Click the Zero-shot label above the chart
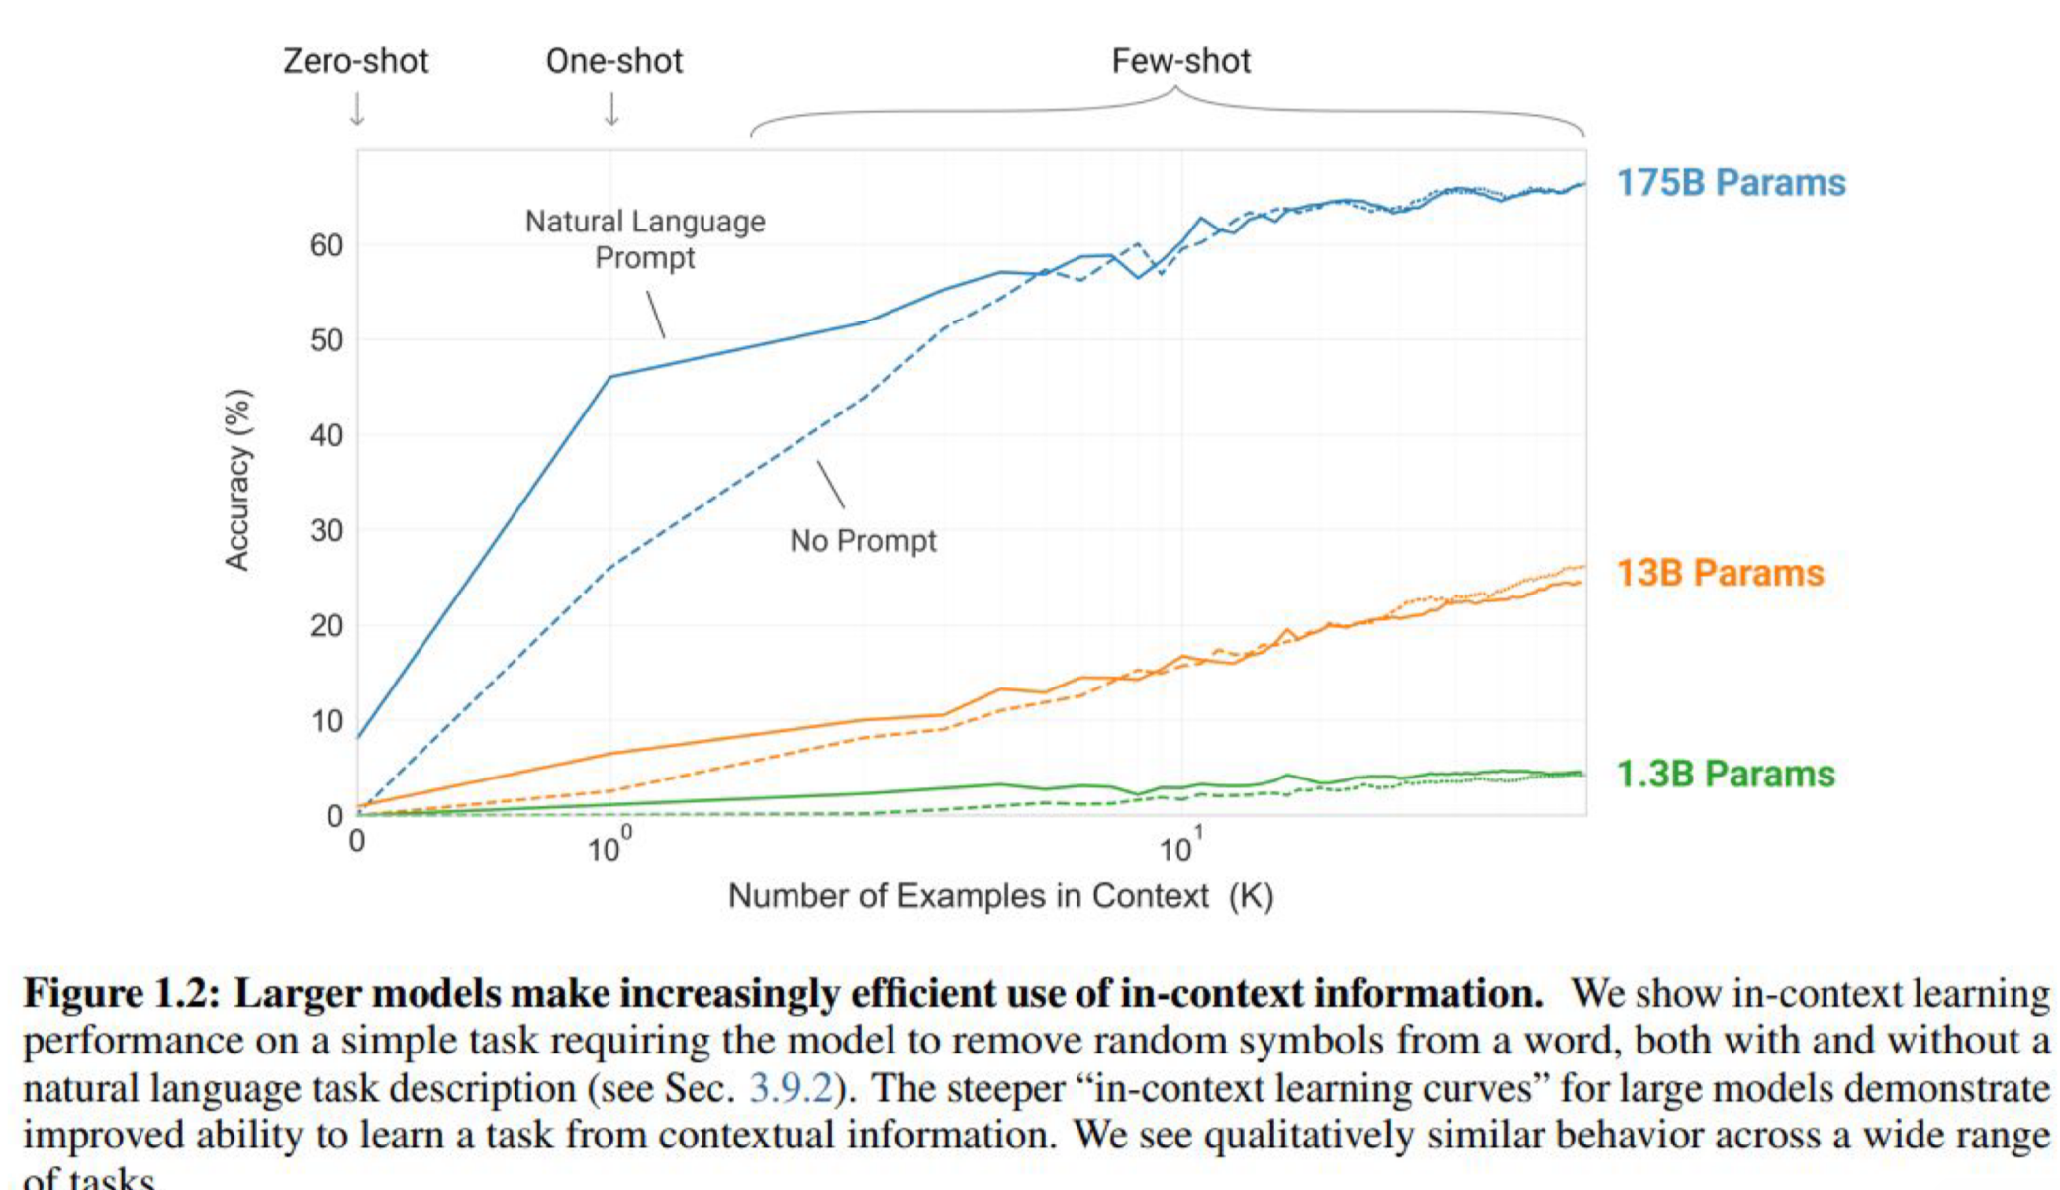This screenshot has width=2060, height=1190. pyautogui.click(x=355, y=61)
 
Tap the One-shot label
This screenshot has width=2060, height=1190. pyautogui.click(x=613, y=61)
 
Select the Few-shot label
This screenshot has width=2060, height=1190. pyautogui.click(x=1180, y=61)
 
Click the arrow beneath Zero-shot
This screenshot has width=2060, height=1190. pyautogui.click(x=357, y=109)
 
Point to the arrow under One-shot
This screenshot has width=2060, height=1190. pyautogui.click(x=612, y=109)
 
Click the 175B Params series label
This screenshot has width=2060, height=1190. pyautogui.click(x=1731, y=183)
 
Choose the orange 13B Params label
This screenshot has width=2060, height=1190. pyautogui.click(x=1720, y=573)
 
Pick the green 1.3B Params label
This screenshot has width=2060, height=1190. pyautogui.click(x=1725, y=774)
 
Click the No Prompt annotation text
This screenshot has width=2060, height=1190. pyautogui.click(x=863, y=541)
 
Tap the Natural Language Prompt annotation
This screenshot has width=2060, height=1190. pyautogui.click(x=645, y=238)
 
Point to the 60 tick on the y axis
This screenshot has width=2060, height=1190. pyautogui.click(x=326, y=245)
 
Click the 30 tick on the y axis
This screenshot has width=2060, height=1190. pyautogui.click(x=326, y=531)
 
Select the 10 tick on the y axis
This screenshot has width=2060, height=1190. pyautogui.click(x=326, y=721)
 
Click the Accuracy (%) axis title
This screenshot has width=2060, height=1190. pyautogui.click(x=237, y=480)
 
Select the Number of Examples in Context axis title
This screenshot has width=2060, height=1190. pyautogui.click(x=1000, y=896)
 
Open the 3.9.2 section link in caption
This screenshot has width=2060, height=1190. pyautogui.click(x=791, y=1088)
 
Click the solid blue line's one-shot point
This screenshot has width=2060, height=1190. pyautogui.click(x=610, y=376)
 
